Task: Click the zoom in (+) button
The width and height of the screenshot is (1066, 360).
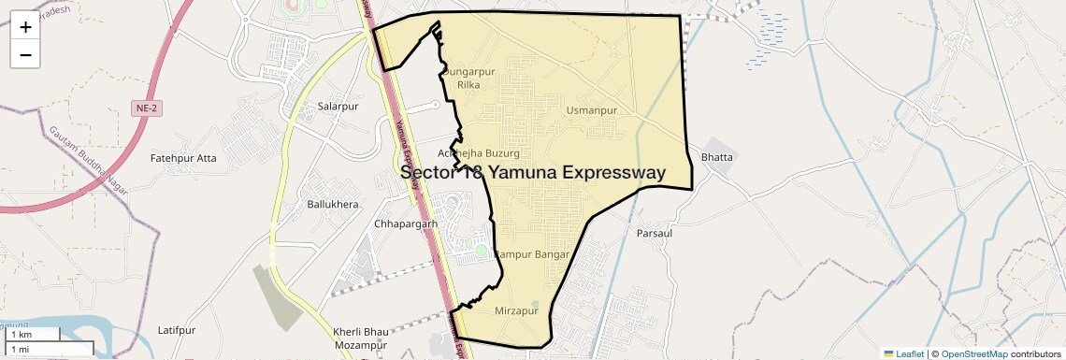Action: coord(25,27)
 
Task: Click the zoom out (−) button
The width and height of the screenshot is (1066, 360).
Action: coord(25,55)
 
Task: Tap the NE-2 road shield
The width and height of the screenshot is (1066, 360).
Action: coord(145,109)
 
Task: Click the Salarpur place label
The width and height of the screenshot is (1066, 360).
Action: coord(339,107)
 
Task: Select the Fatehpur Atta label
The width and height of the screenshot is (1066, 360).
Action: coord(183,158)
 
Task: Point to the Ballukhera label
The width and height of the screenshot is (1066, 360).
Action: coord(333,204)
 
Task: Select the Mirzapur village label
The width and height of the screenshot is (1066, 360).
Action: coord(516,310)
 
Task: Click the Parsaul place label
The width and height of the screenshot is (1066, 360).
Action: coord(655,233)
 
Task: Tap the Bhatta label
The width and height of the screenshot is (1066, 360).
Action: coord(717,157)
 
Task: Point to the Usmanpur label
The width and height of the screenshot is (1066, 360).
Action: coord(592,110)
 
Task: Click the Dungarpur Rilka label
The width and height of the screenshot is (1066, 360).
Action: coord(468,78)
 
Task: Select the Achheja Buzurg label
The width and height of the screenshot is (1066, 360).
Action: coord(472,152)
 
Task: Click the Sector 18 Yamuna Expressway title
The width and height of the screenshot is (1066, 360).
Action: coord(532,172)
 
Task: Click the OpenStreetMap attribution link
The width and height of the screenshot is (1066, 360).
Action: coord(974,353)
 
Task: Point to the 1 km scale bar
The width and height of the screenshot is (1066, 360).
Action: coord(34,335)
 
